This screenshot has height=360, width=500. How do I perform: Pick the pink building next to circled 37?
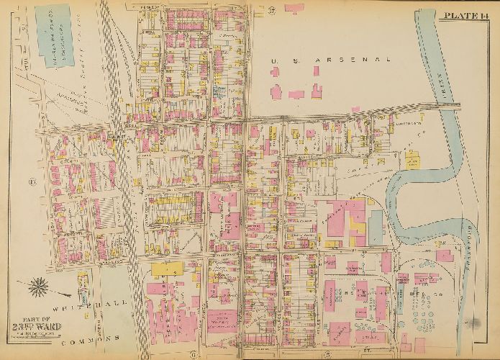[x=294, y=8]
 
